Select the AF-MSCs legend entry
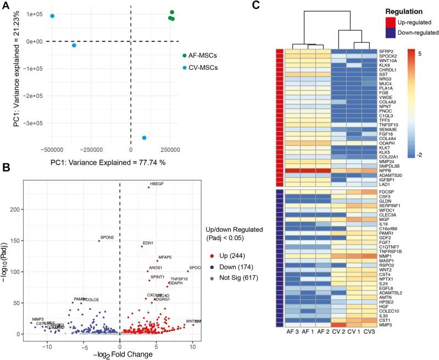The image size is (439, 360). click(x=201, y=56)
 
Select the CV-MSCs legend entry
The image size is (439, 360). click(x=201, y=68)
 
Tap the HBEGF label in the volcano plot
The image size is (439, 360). click(x=157, y=183)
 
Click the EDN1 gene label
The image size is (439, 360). click(x=148, y=242)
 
